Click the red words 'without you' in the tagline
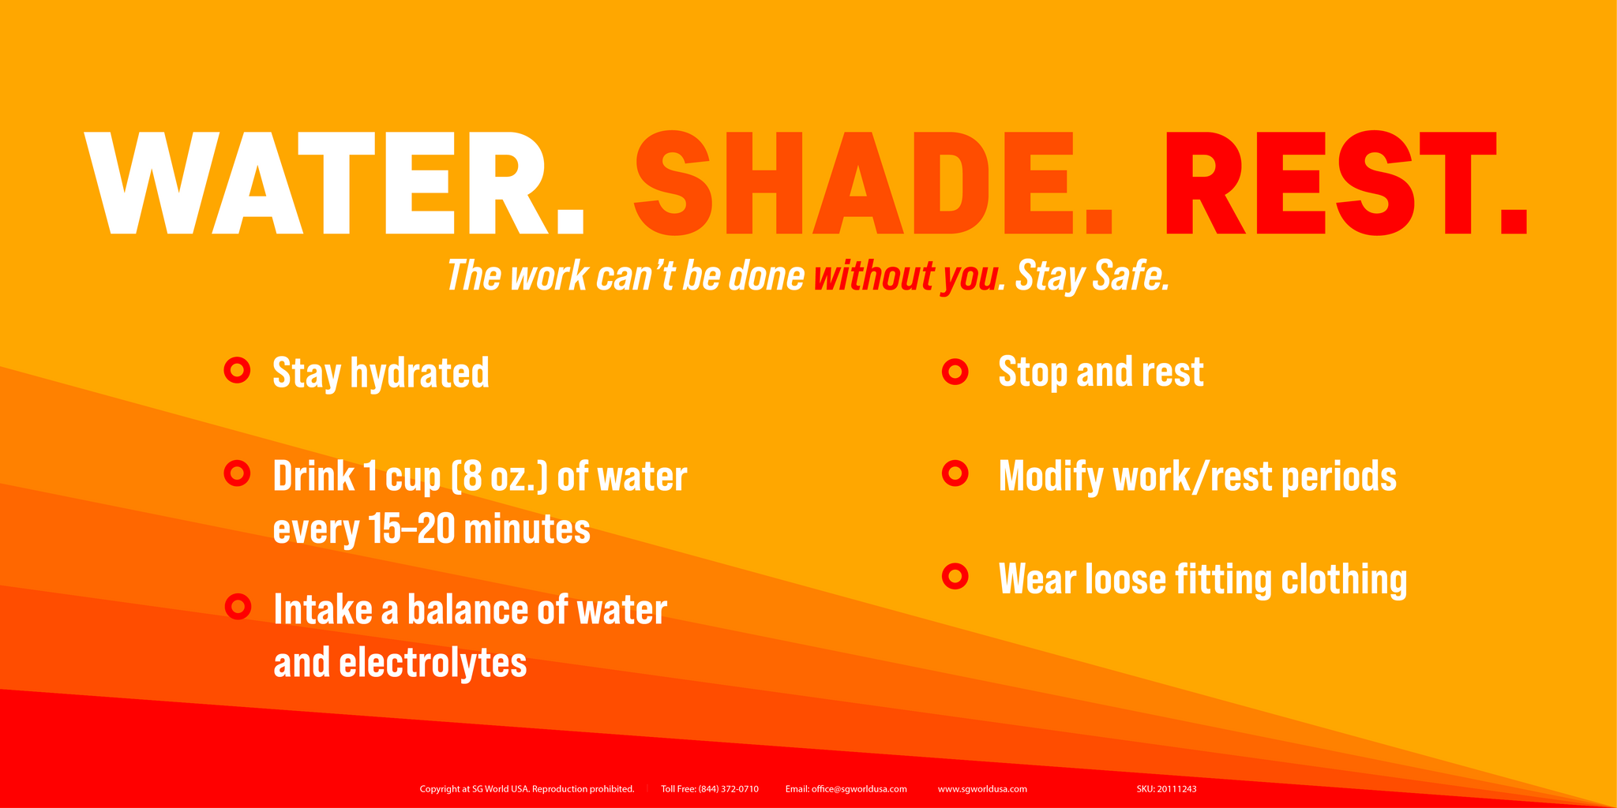(906, 276)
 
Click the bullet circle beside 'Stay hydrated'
(238, 370)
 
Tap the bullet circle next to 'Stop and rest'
(955, 371)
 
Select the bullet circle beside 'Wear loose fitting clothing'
(955, 577)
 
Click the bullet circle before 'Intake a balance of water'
(238, 607)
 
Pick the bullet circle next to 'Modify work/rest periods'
(955, 473)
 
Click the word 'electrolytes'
(433, 662)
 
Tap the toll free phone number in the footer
(729, 789)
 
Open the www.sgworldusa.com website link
(982, 789)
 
